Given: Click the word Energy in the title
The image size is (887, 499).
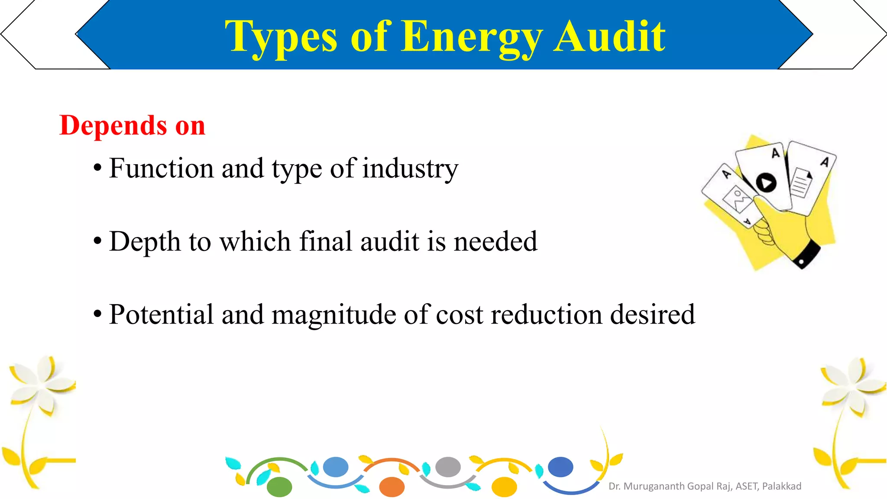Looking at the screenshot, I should tap(472, 38).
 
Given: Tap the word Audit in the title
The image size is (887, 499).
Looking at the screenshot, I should tap(610, 37).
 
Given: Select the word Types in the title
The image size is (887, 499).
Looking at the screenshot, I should tap(281, 38).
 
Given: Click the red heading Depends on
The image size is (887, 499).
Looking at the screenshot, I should tap(132, 126).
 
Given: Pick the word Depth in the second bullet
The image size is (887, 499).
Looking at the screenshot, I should tap(145, 242).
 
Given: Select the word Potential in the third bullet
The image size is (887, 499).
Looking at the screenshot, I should tap(161, 314).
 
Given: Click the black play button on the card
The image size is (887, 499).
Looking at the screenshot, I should tap(766, 183).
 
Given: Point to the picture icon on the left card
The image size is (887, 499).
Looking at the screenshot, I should tap(737, 199).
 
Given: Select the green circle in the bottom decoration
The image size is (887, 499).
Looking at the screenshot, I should tap(279, 487).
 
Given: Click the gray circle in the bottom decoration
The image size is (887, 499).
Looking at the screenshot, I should tap(448, 467).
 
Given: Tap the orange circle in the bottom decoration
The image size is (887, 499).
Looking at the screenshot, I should tap(392, 487).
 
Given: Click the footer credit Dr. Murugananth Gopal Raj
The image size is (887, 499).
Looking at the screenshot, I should tap(705, 486).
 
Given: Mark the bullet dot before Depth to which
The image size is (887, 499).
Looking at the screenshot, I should tap(97, 241).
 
